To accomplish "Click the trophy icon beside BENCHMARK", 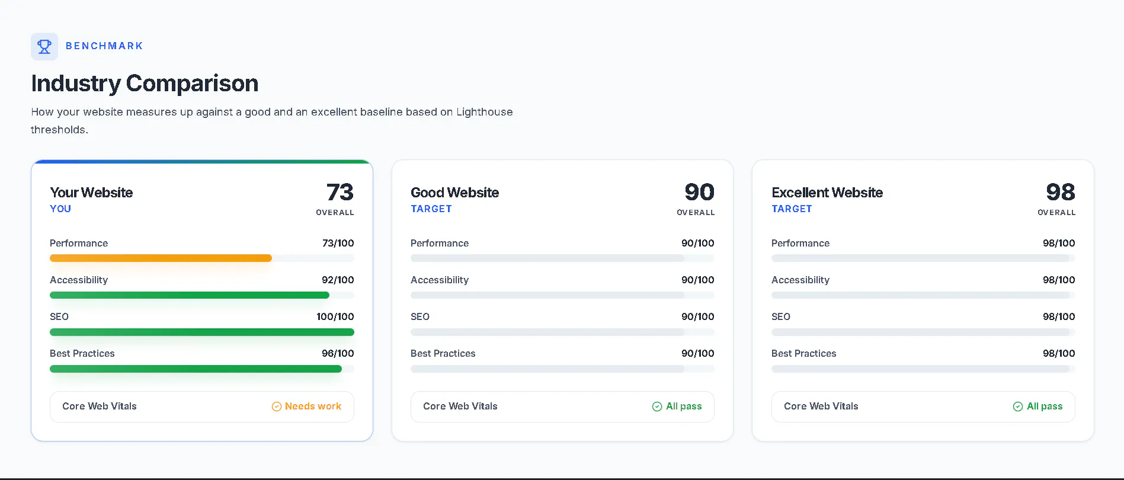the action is (44, 46).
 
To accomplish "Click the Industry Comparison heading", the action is (145, 84).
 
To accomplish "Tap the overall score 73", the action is (340, 192).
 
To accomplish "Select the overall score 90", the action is (700, 192).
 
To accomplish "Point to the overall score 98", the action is (1061, 192).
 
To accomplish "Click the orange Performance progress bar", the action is (161, 258).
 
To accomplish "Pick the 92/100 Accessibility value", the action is (338, 280).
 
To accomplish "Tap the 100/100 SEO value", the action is (335, 316).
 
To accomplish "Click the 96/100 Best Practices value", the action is (338, 353).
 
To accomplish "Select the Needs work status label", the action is (313, 407).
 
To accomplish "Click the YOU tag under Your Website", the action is (60, 209).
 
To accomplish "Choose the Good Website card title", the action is (455, 193).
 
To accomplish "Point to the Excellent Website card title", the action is (827, 193).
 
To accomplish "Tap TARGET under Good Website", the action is (431, 209).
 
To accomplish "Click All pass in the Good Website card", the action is (684, 407).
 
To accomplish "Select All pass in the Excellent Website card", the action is (1045, 407).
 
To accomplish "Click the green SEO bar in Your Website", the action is (202, 332).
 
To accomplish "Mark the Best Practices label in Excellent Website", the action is (804, 353).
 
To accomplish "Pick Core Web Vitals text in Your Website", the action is (100, 407).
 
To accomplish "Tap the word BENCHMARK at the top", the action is (104, 46).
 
